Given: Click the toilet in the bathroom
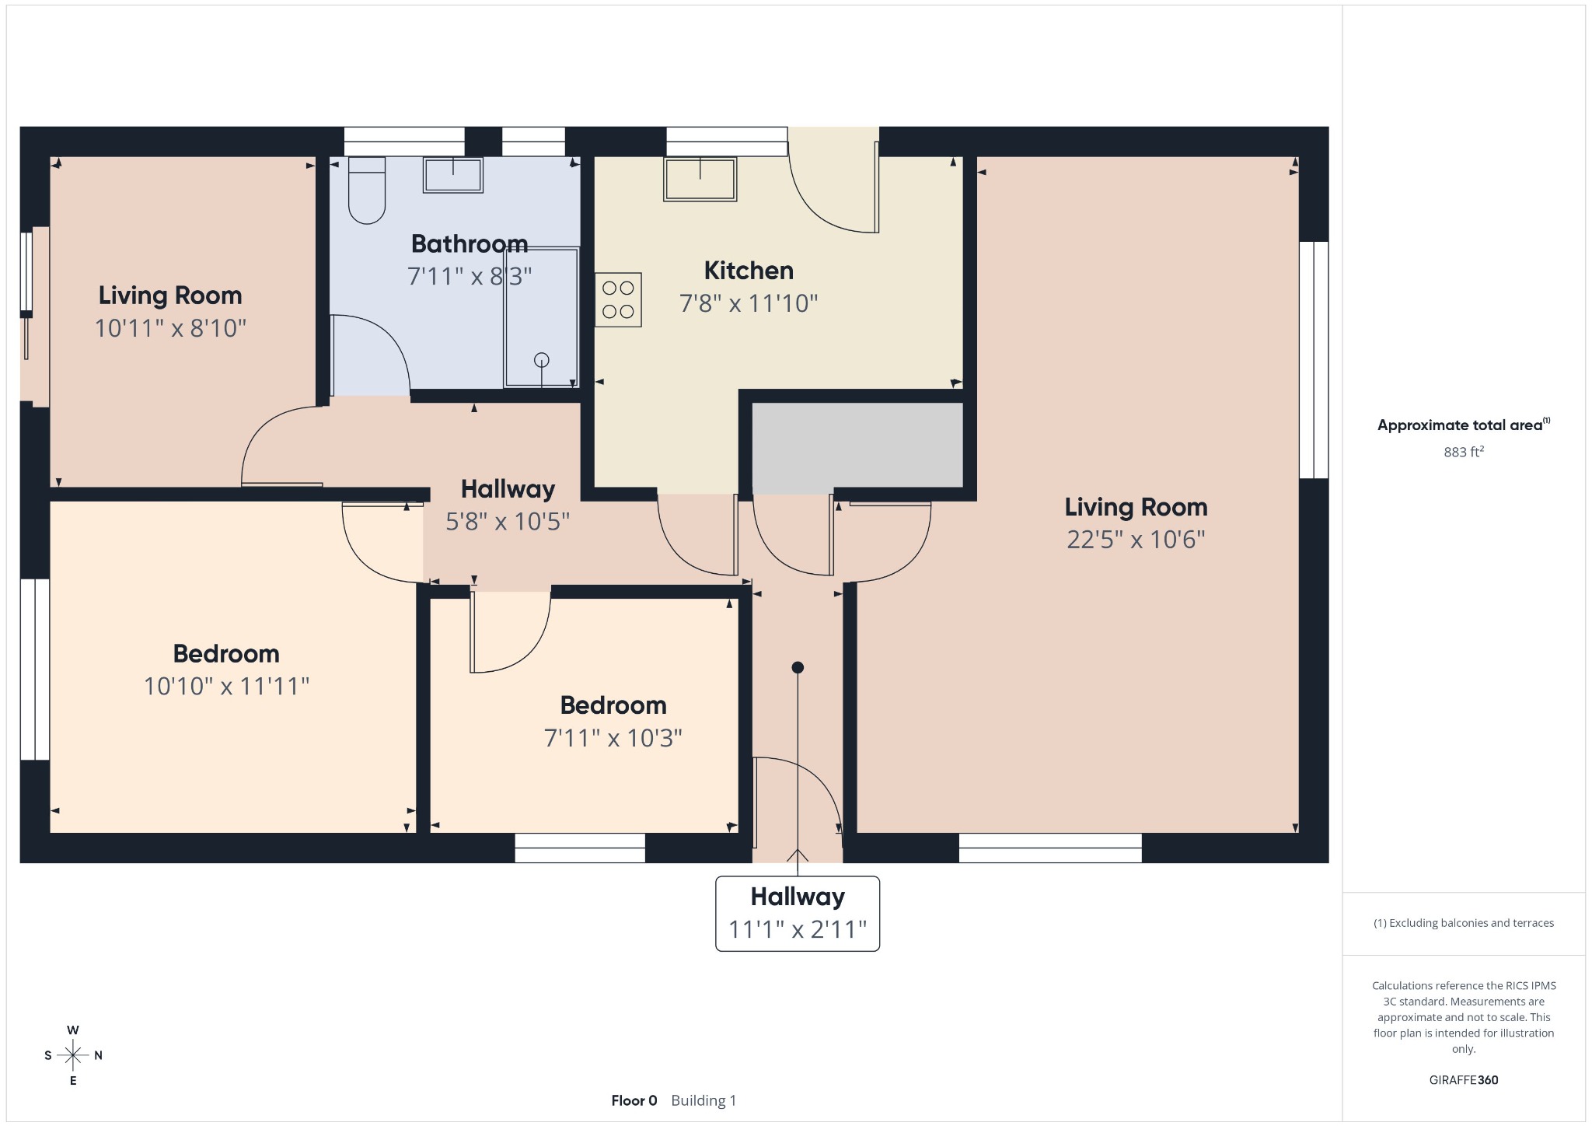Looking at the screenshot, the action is pyautogui.click(x=366, y=191).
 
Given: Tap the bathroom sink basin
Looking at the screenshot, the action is pyautogui.click(x=452, y=175).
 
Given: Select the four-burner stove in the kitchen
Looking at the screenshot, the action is pyautogui.click(x=618, y=299).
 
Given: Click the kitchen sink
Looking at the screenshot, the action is pyautogui.click(x=700, y=180).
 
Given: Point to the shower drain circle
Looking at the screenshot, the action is pyautogui.click(x=542, y=359).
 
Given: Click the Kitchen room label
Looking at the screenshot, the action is pyautogui.click(x=749, y=271).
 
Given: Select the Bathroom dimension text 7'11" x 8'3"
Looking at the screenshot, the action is pyautogui.click(x=470, y=276).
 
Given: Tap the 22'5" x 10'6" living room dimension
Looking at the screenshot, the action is pyautogui.click(x=1136, y=539).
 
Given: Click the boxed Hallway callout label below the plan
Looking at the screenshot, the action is pyautogui.click(x=798, y=913).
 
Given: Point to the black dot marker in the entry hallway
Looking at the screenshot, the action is pyautogui.click(x=798, y=667).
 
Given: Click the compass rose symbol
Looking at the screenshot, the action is pyautogui.click(x=73, y=1055).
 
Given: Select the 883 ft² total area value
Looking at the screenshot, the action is pyautogui.click(x=1464, y=452).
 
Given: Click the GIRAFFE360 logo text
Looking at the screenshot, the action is pyautogui.click(x=1464, y=1079).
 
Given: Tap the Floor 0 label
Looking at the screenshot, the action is pyautogui.click(x=634, y=1100).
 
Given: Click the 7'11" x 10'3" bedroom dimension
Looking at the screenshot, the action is pyautogui.click(x=613, y=737).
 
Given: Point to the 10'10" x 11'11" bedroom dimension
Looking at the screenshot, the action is pyautogui.click(x=226, y=686).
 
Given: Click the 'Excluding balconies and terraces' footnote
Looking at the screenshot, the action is pyautogui.click(x=1464, y=923).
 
